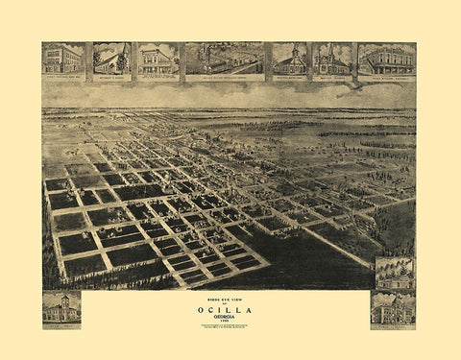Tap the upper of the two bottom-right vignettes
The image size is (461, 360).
click(x=394, y=273)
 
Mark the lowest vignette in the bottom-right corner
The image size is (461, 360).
click(x=394, y=309)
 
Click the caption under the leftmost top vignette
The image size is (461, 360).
click(x=63, y=76)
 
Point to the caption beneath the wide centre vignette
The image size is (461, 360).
click(x=224, y=76)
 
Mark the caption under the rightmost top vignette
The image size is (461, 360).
click(x=386, y=76)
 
